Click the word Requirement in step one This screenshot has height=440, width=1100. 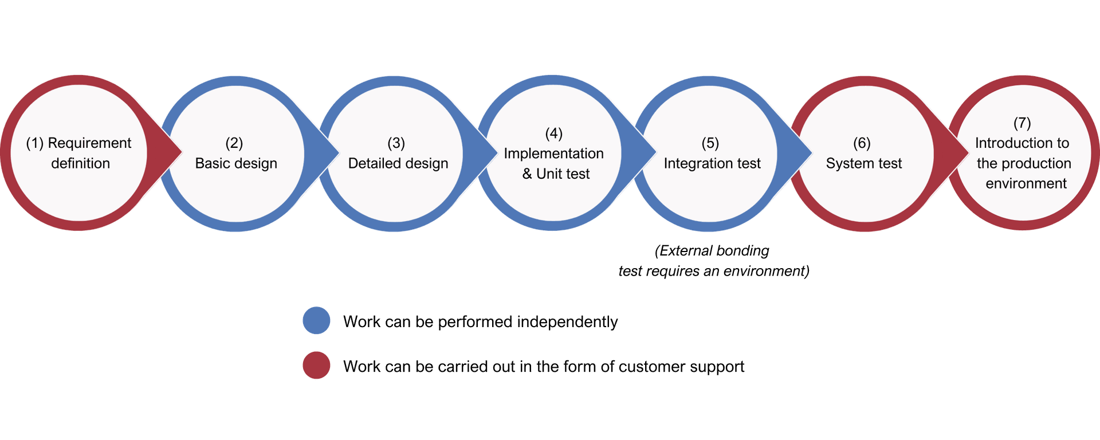click(89, 143)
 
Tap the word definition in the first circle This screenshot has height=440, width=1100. click(80, 164)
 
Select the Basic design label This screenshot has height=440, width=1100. click(236, 164)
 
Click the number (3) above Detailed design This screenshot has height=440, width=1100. click(396, 143)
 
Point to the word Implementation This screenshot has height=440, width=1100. click(553, 154)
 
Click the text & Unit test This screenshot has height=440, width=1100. click(556, 174)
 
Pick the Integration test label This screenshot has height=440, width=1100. click(712, 164)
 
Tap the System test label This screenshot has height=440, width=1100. click(864, 164)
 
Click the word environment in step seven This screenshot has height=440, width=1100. click(1026, 184)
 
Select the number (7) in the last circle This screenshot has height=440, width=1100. click(1022, 123)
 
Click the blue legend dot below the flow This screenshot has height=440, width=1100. click(316, 320)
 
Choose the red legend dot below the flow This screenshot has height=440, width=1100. click(316, 365)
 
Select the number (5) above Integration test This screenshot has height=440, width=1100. click(710, 143)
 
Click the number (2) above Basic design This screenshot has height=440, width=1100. click(234, 143)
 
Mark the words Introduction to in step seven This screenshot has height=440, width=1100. click(1022, 143)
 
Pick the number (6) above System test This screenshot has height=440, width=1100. click(862, 143)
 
